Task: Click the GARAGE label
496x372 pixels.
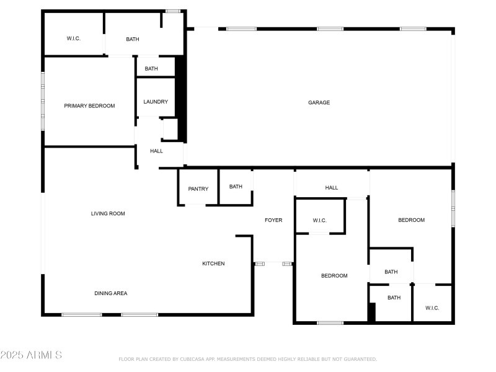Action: click(319, 102)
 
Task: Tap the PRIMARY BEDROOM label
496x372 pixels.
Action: click(89, 106)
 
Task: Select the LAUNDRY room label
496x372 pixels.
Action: click(156, 102)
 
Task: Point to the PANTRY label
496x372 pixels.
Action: click(198, 189)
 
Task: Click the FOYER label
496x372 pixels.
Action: click(273, 220)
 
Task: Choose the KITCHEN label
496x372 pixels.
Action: click(213, 263)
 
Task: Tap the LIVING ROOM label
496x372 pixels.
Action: click(108, 214)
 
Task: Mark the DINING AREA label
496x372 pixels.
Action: click(110, 293)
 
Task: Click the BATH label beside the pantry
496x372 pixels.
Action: click(236, 187)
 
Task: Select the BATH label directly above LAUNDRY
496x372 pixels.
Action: click(151, 69)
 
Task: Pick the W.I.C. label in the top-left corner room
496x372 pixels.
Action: click(74, 39)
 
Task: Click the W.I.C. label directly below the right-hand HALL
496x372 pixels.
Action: click(319, 221)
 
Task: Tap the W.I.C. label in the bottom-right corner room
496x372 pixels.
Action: click(432, 308)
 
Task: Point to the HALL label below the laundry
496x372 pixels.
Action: click(156, 151)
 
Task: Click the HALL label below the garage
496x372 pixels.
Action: click(332, 188)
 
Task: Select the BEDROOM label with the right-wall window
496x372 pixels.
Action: click(411, 220)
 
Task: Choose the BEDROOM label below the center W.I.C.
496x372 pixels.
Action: click(334, 276)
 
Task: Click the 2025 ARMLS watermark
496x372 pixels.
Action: click(31, 355)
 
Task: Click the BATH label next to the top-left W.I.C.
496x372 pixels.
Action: click(133, 39)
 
